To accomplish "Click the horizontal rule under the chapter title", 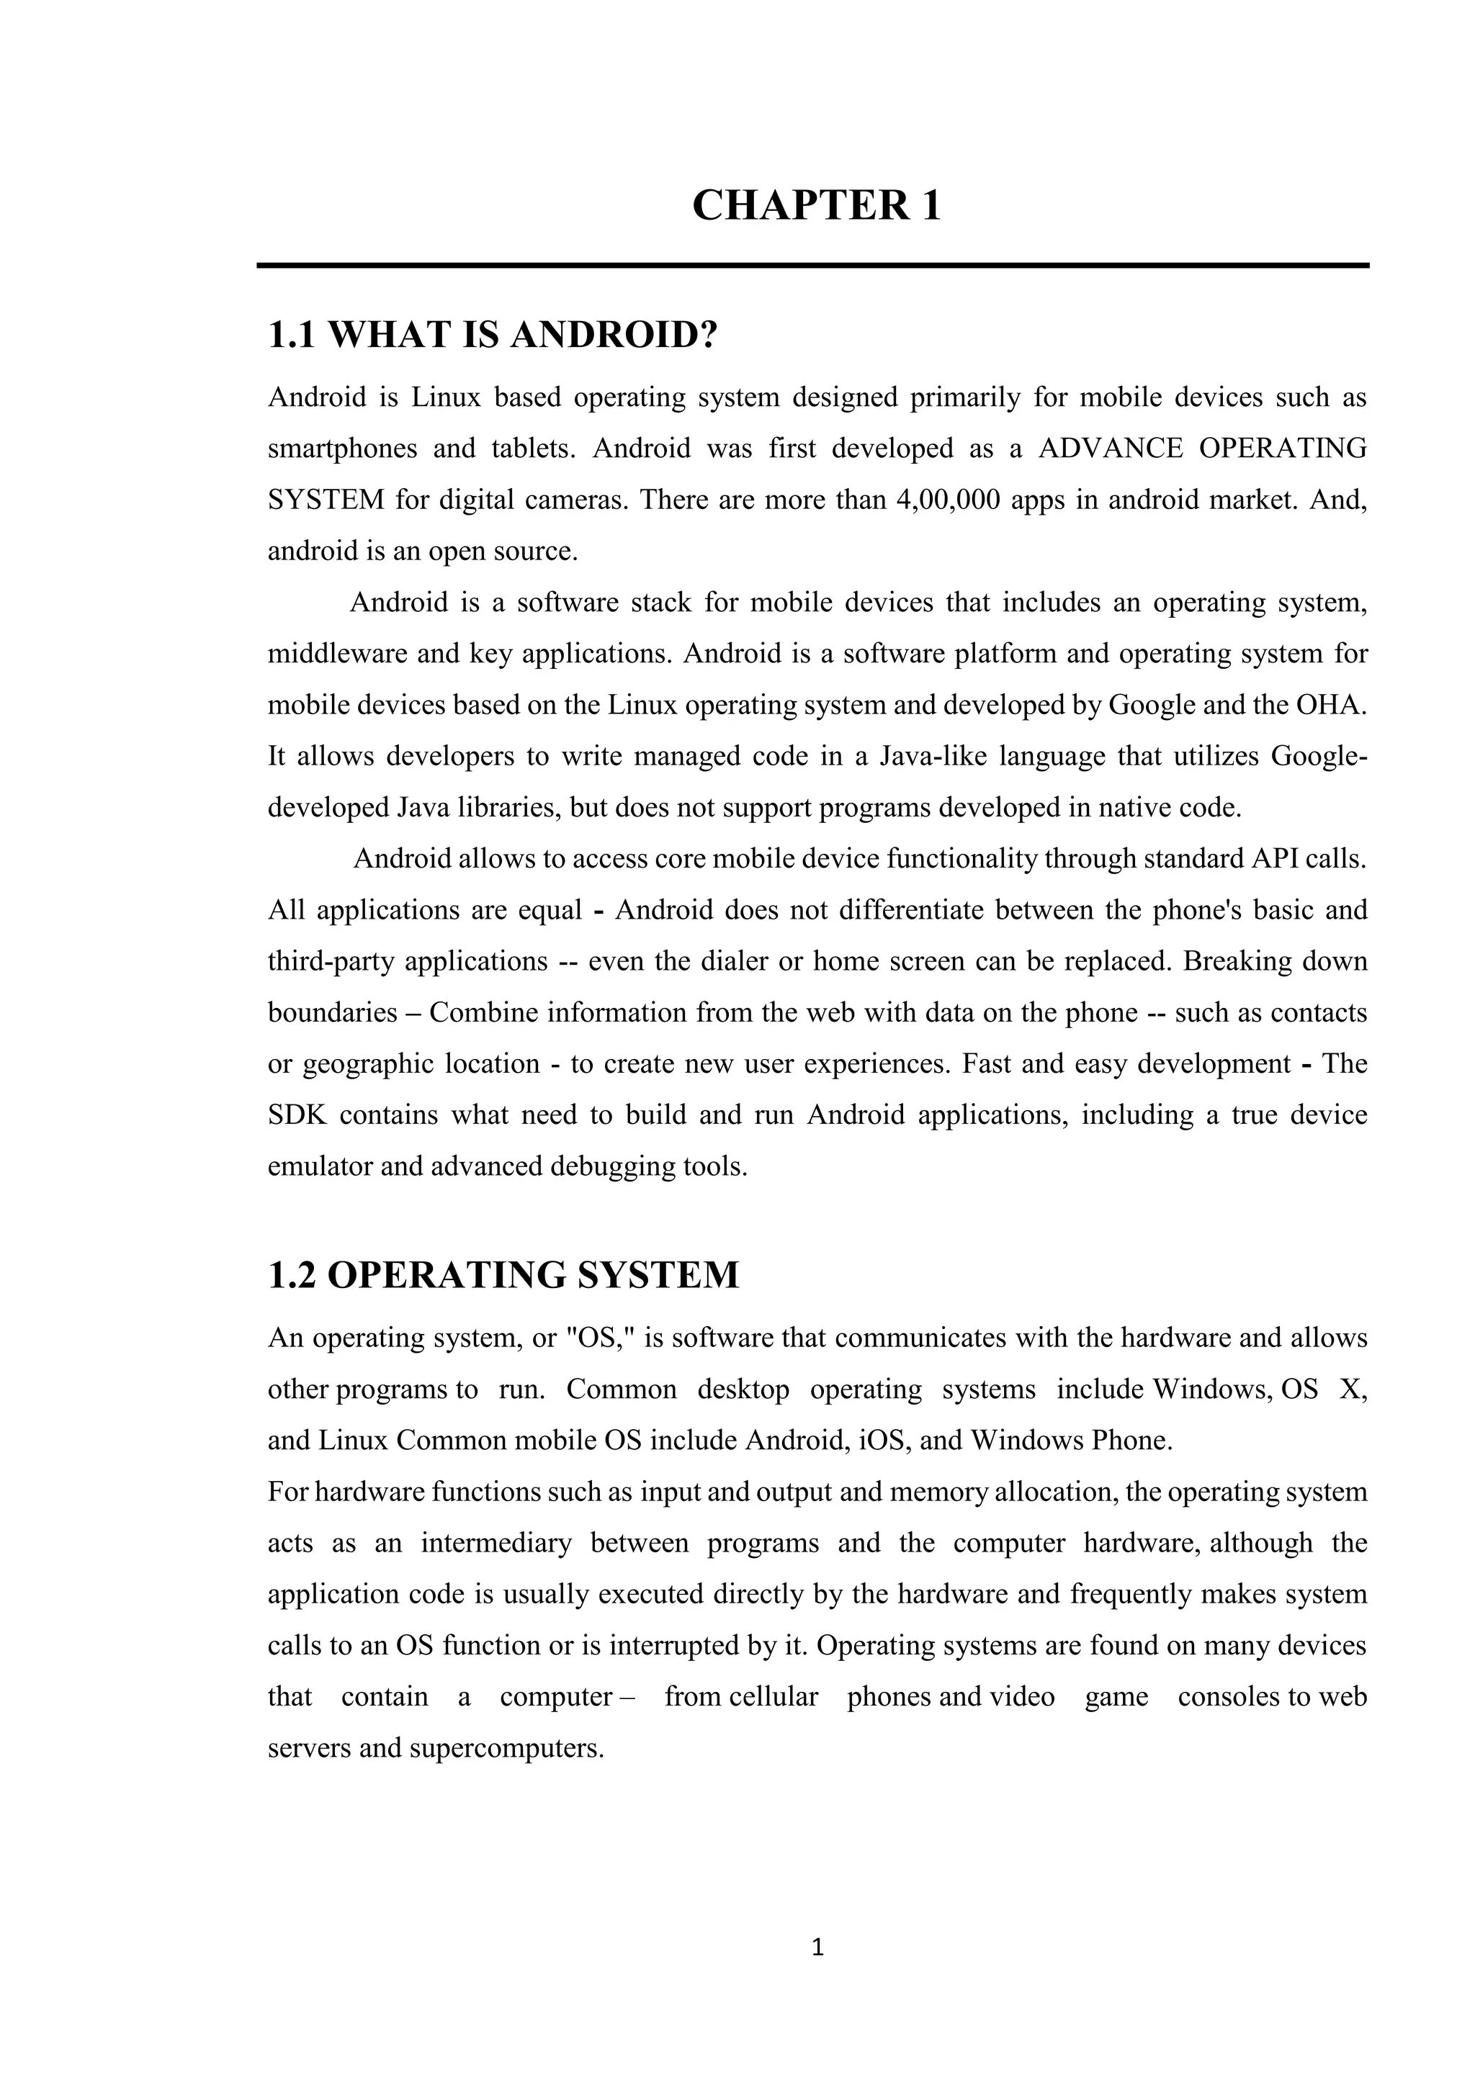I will (x=813, y=265).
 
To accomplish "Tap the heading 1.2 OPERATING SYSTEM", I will (x=503, y=1275).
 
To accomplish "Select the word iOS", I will (x=884, y=1441).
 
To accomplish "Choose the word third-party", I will (x=331, y=962).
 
